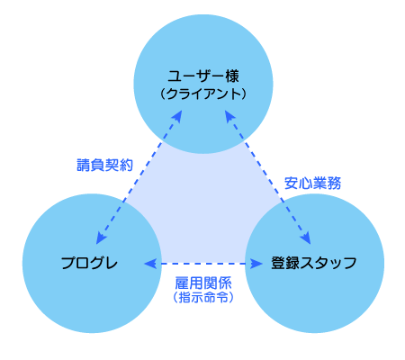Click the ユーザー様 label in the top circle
(x=203, y=76)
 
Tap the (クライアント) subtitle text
(x=203, y=94)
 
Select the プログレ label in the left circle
(x=89, y=263)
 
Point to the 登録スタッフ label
(x=314, y=263)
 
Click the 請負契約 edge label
(x=104, y=165)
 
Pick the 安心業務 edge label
(x=312, y=183)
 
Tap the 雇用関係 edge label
(x=203, y=283)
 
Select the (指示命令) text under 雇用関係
(x=203, y=298)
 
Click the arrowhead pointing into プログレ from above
(x=101, y=238)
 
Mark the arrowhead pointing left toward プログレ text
(x=150, y=264)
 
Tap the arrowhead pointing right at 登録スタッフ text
(x=256, y=264)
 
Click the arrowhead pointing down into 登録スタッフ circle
(x=306, y=238)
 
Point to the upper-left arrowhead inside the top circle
(x=177, y=117)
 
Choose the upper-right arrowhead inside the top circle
(x=229, y=117)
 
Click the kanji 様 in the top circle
(x=232, y=76)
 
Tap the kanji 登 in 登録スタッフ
(x=278, y=263)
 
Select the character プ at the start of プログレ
(x=68, y=263)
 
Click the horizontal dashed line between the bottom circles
(x=203, y=264)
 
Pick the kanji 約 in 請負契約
(x=126, y=165)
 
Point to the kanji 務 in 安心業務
(x=334, y=183)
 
